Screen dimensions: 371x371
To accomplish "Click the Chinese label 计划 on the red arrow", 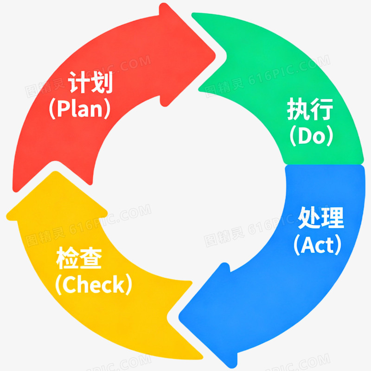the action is click(90, 82).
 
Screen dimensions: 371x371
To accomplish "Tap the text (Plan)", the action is click(80, 109).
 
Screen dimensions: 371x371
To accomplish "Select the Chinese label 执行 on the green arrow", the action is click(310, 109).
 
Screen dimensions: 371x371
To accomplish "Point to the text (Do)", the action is click(311, 135).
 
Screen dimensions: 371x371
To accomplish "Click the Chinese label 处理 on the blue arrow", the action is click(320, 217).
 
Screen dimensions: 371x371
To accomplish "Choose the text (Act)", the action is click(318, 245).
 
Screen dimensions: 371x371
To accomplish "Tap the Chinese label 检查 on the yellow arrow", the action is click(79, 258).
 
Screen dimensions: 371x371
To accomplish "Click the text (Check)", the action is click(94, 284).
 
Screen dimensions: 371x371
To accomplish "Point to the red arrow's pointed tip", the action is click(215, 56).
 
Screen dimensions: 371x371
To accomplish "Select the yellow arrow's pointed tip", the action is click(55, 172).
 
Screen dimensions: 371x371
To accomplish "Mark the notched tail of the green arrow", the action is click(226, 56).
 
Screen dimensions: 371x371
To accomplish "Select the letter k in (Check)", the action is click(120, 284).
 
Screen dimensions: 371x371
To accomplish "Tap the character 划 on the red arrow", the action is click(102, 82).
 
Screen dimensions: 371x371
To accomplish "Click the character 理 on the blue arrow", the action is click(333, 217).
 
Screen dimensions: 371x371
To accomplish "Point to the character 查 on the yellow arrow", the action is click(91, 258).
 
